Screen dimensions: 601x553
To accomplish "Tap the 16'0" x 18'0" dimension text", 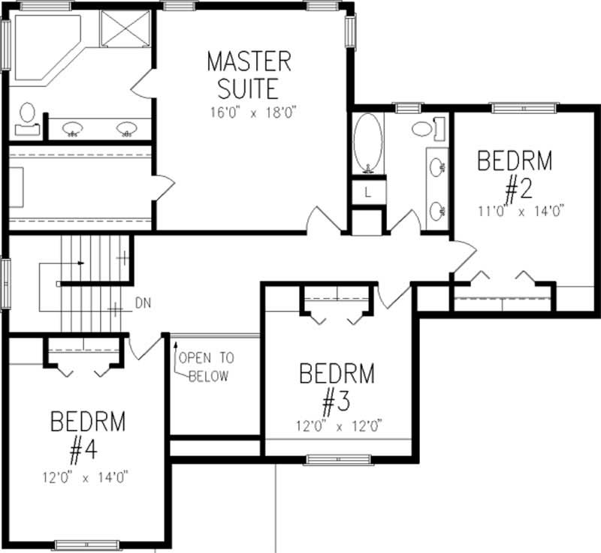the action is point(254,113).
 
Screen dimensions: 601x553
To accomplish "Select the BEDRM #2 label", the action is point(515,176).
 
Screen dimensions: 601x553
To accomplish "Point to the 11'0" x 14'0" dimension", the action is point(521,212).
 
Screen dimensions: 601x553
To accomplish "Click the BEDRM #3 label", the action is point(337,389).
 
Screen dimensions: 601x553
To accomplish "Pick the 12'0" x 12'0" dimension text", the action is point(340,425).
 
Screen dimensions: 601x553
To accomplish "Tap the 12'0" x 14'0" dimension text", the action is point(85,478).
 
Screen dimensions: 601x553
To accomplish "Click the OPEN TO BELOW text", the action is point(206,367).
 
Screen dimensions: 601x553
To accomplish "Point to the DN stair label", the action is point(143,303).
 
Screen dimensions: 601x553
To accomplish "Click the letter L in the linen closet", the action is point(368,193).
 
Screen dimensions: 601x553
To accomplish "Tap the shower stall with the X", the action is point(125,29).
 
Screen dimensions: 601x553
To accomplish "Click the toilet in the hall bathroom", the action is point(428,128).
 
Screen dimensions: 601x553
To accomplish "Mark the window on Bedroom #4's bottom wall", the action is point(86,545).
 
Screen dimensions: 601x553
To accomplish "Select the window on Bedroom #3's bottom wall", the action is point(338,459).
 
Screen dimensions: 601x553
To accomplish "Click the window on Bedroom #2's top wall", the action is point(524,108).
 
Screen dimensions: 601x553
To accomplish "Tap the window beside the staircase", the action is point(6,283).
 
